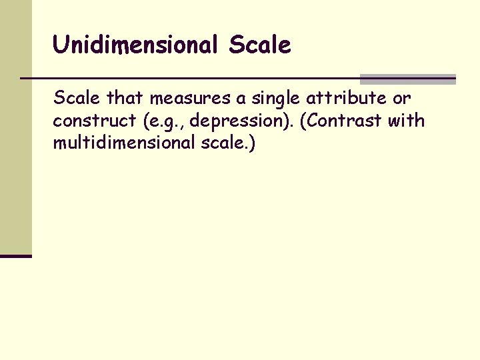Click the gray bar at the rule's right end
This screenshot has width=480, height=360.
[x=407, y=79]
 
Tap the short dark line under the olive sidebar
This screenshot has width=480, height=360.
[x=16, y=255]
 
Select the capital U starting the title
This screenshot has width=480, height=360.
[x=60, y=45]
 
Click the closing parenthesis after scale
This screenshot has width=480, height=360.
[x=251, y=143]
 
